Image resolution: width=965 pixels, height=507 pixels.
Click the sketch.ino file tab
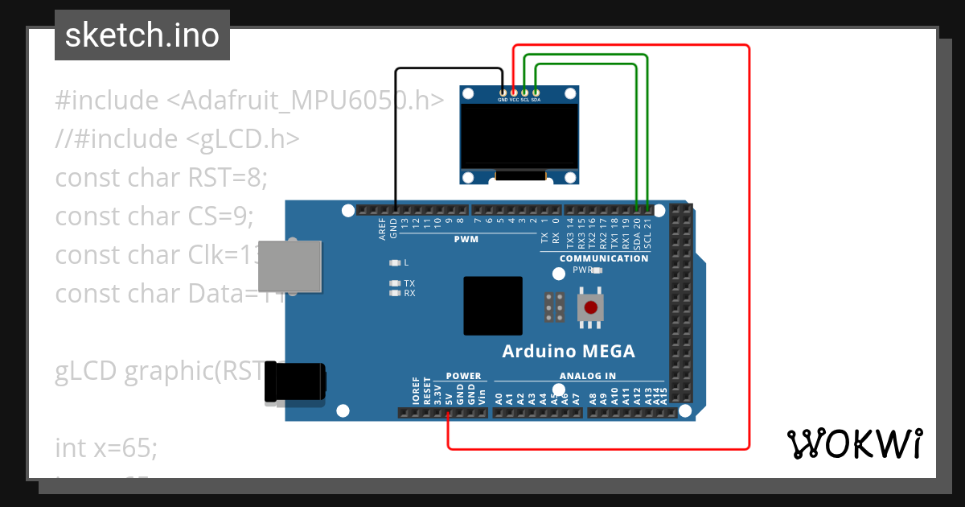point(142,35)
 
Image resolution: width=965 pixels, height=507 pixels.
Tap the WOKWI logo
point(854,443)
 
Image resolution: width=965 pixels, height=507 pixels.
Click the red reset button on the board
point(591,307)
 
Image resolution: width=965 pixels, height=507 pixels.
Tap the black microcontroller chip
point(492,306)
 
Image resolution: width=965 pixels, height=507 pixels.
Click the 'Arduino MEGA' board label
point(568,351)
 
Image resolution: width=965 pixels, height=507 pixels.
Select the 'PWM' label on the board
point(466,239)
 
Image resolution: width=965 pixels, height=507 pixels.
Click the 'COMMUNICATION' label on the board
point(603,258)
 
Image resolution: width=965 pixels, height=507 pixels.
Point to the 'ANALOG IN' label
point(587,376)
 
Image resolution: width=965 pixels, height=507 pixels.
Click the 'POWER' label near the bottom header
point(463,376)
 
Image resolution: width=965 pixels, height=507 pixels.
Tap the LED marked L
point(394,262)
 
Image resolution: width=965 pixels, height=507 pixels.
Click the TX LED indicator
point(394,283)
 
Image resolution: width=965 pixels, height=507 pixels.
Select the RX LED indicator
point(394,293)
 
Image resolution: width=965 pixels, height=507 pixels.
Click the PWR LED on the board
point(596,271)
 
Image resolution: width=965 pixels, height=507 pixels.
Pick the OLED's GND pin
point(503,93)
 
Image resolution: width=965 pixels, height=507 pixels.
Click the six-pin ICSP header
point(553,307)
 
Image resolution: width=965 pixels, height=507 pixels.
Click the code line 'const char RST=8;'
point(160,177)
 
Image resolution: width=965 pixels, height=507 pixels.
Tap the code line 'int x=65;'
point(106,447)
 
